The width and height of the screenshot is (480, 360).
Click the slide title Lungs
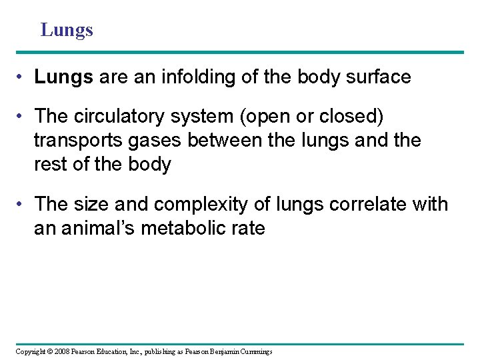pos(67,30)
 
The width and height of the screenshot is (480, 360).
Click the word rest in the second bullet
pos(49,165)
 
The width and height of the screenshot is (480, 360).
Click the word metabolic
pos(193,228)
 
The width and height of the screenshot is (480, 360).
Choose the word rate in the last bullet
pos(249,228)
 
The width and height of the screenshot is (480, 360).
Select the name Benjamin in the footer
pos(226,351)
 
